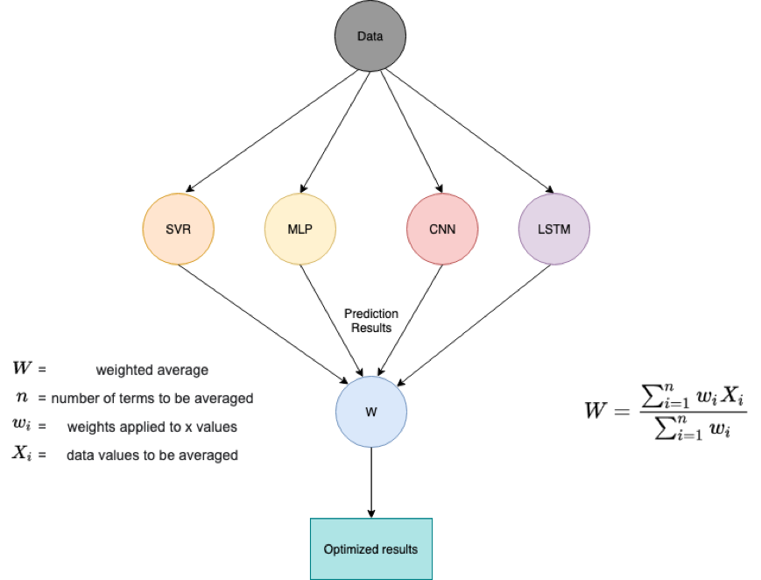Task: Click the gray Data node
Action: (x=370, y=37)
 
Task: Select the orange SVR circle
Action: (x=178, y=230)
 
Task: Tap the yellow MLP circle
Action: (x=299, y=230)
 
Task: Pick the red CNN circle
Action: (x=442, y=230)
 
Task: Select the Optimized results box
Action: (x=371, y=549)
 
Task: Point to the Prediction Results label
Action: (x=371, y=321)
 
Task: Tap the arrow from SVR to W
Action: (x=263, y=319)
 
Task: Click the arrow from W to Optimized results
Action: (x=371, y=481)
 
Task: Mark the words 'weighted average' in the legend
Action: (x=152, y=370)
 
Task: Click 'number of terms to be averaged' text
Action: (x=152, y=398)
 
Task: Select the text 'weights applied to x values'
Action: (x=151, y=427)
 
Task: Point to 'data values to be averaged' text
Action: (x=152, y=456)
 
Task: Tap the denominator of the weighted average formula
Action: (x=693, y=428)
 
